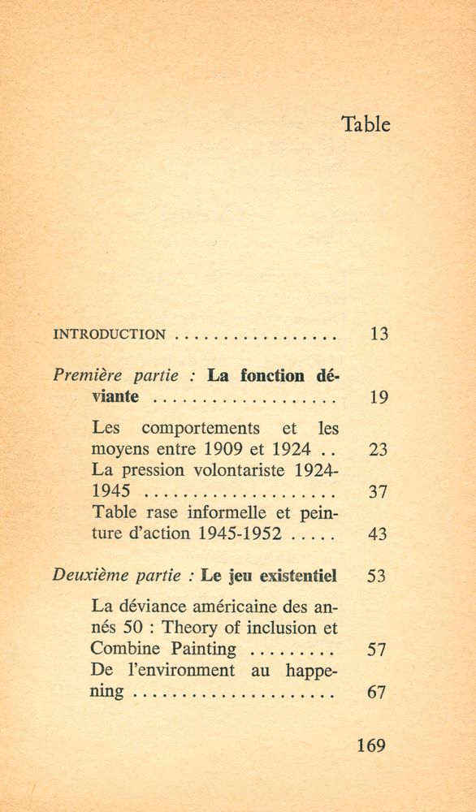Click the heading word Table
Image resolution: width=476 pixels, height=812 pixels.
pyautogui.click(x=366, y=124)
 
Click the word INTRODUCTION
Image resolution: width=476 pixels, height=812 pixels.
pyautogui.click(x=109, y=333)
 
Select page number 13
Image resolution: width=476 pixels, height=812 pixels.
pyautogui.click(x=378, y=333)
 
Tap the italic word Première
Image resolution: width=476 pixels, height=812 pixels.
pyautogui.click(x=85, y=376)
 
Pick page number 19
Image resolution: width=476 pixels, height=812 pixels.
pyautogui.click(x=378, y=398)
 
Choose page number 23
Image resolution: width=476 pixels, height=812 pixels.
pyautogui.click(x=378, y=449)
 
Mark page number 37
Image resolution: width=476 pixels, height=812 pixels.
pyautogui.click(x=378, y=491)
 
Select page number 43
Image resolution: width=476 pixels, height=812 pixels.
pyautogui.click(x=378, y=534)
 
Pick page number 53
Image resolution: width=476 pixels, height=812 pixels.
pyautogui.click(x=378, y=577)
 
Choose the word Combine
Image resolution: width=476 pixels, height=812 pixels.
pyautogui.click(x=130, y=649)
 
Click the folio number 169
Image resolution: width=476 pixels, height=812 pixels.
pyautogui.click(x=371, y=745)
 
